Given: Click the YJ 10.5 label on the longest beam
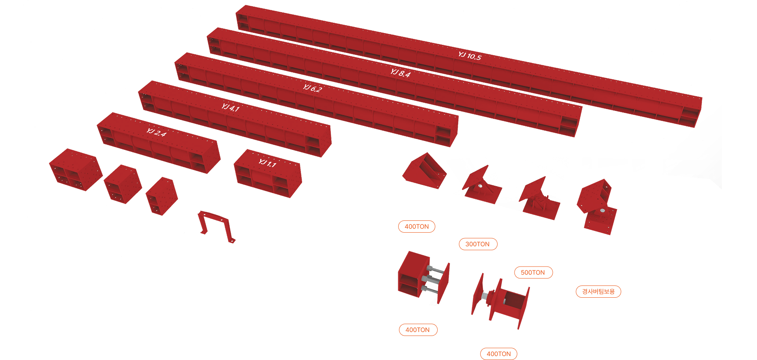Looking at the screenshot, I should (x=470, y=56).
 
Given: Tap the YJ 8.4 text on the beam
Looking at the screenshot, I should (x=401, y=73).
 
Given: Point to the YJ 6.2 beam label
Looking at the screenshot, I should (x=312, y=88).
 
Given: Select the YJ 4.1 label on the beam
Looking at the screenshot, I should (x=230, y=107).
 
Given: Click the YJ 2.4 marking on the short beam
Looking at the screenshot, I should (x=156, y=132).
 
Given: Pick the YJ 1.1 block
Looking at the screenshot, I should (x=268, y=173).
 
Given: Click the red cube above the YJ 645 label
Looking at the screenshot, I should (x=75, y=170).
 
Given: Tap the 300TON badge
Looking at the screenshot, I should (x=477, y=244).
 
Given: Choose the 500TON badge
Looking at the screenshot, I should (x=533, y=272).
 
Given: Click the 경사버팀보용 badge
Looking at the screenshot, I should (x=598, y=291).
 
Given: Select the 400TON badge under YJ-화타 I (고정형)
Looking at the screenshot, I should (x=417, y=226).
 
